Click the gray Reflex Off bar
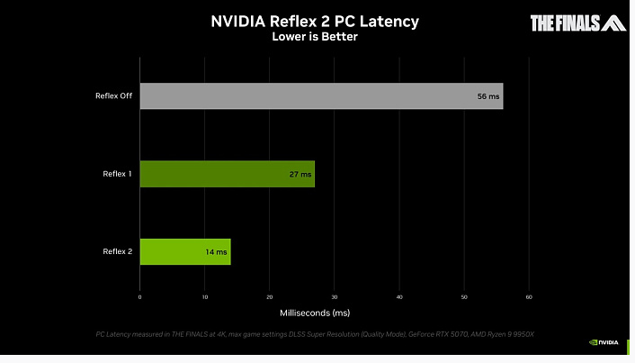coord(321,95)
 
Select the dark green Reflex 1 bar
coord(228,174)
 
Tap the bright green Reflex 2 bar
coord(185,251)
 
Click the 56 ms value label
coord(487,95)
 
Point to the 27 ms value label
coord(300,174)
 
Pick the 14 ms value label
coord(217,251)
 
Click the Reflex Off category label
coord(113,95)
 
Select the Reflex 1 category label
coord(117,174)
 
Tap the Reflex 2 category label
coord(117,251)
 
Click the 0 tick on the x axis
coord(140,296)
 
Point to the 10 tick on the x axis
coord(205,296)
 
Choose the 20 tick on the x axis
coord(270,296)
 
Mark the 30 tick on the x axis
coord(335,296)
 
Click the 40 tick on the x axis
coord(399,296)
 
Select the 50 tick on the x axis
coord(464,296)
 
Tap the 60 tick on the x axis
coord(529,296)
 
